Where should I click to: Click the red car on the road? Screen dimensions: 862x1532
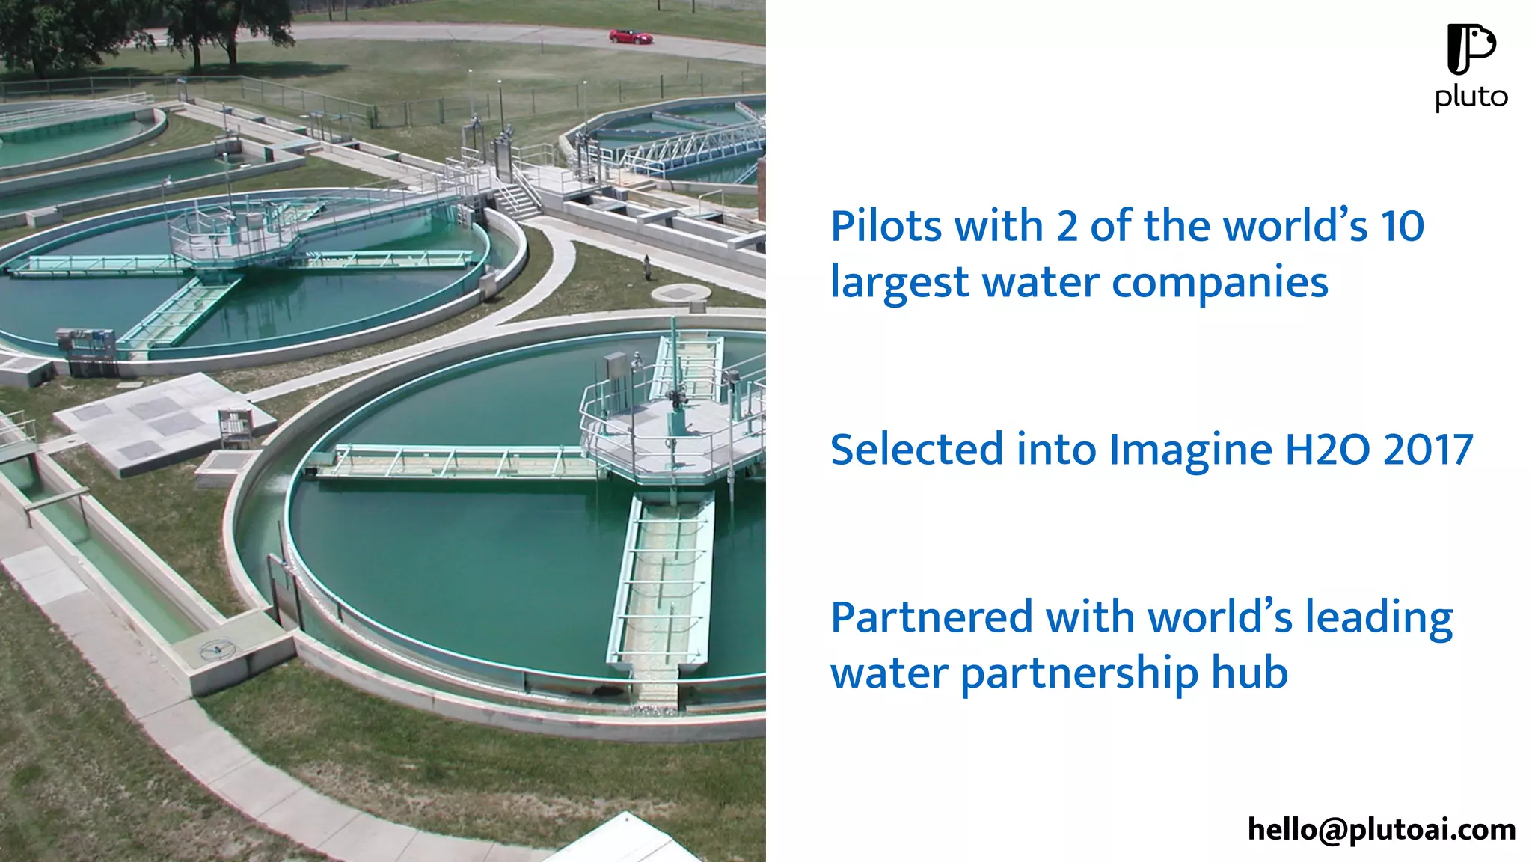[x=631, y=36]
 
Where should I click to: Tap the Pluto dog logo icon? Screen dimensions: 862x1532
[x=1470, y=49]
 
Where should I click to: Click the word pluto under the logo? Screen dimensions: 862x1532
[x=1471, y=97]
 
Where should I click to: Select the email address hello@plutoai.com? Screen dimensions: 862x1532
[x=1381, y=829]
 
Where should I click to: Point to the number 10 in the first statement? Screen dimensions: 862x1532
[x=1402, y=226]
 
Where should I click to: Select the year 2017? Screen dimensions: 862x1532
[x=1428, y=450]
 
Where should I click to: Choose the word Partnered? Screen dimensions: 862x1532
[x=931, y=617]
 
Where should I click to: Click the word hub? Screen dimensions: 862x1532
[x=1249, y=672]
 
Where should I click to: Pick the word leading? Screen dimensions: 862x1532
[x=1379, y=619]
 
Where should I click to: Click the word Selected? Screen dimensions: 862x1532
[x=916, y=450]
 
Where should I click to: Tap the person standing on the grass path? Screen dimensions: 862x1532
[x=647, y=266]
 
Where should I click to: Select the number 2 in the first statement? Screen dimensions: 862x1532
[x=1067, y=226]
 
